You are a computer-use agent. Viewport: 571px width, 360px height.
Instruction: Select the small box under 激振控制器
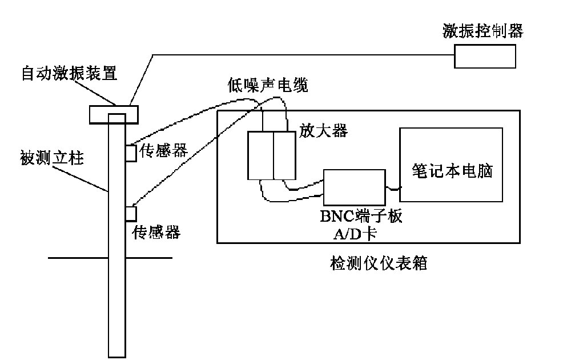[485, 56]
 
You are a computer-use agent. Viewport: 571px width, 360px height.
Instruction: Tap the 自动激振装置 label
[69, 74]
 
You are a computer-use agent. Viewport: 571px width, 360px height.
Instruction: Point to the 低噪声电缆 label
[267, 86]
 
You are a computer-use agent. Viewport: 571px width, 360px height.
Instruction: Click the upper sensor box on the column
[131, 153]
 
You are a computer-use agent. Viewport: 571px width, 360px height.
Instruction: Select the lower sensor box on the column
[131, 213]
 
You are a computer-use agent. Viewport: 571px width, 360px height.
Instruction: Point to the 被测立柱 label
[52, 158]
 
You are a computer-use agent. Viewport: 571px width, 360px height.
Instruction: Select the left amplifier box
[260, 155]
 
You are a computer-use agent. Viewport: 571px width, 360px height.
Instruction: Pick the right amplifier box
[285, 155]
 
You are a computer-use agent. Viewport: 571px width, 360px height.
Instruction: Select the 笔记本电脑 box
[451, 165]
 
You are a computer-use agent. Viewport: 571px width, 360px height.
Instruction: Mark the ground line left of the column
[77, 258]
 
